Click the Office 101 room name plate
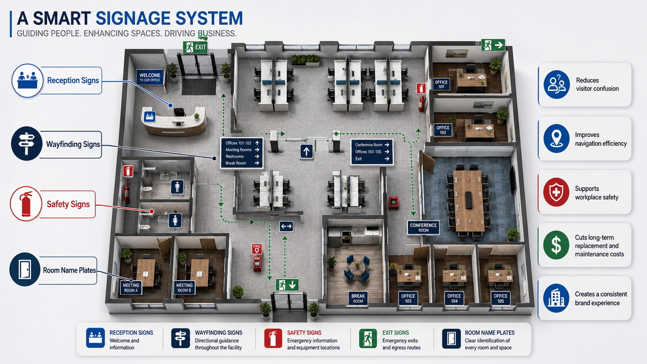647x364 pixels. pos(441,85)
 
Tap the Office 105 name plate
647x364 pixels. pos(500,298)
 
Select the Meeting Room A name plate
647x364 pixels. pos(131,288)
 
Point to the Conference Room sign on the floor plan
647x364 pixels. pos(424,228)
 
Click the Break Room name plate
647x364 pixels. pos(358,299)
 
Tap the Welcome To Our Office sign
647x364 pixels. pos(150,78)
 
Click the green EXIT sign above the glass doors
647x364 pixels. pos(195,48)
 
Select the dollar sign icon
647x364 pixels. pos(556,245)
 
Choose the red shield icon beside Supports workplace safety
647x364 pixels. pos(556,192)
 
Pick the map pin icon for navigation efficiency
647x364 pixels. pos(556,139)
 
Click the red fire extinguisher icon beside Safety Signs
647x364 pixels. pos(26,204)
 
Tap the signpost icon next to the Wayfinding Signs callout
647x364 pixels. pos(27,143)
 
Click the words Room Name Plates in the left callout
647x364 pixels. pos(69,270)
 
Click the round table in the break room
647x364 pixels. pos(358,268)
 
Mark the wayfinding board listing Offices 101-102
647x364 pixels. pos(242,153)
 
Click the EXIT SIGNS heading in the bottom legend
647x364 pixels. pos(396,332)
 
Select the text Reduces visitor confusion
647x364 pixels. pos(597,85)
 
